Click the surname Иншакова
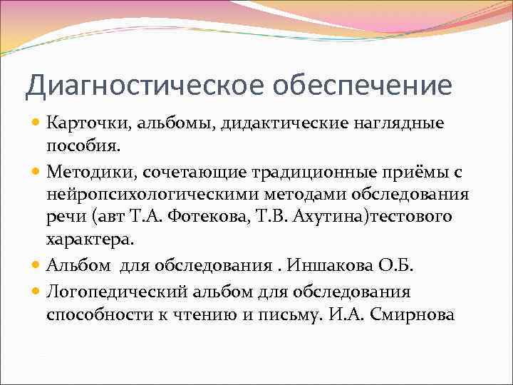[318, 265]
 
